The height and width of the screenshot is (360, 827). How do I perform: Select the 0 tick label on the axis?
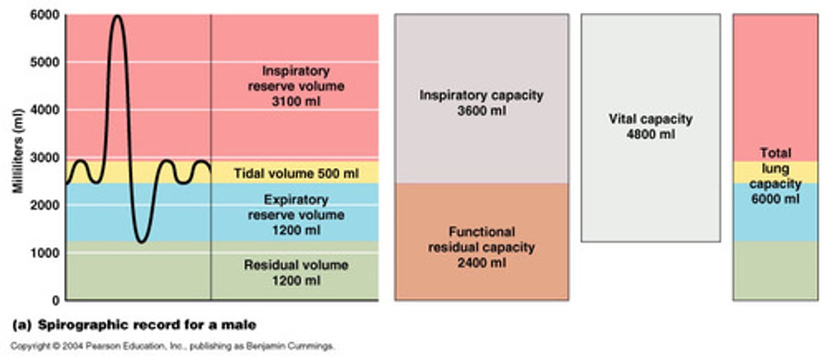(x=56, y=300)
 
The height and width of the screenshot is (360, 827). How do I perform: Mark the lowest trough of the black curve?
(x=142, y=241)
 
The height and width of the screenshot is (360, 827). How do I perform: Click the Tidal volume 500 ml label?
(x=296, y=173)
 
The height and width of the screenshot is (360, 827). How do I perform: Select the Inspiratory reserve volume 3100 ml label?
(x=296, y=87)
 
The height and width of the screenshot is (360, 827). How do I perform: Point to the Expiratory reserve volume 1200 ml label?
(x=296, y=215)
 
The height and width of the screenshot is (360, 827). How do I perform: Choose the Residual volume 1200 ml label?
(x=296, y=273)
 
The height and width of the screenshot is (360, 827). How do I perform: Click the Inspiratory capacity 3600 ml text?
(x=481, y=103)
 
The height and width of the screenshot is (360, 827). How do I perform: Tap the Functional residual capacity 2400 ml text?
(x=481, y=247)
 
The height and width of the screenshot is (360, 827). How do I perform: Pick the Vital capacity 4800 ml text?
(x=650, y=127)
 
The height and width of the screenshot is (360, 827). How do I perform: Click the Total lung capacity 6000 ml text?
(x=775, y=176)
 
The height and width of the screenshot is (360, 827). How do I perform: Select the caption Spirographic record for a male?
(x=134, y=325)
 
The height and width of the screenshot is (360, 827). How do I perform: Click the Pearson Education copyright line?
(x=172, y=346)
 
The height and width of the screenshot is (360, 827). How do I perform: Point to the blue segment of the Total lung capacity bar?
(x=775, y=221)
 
